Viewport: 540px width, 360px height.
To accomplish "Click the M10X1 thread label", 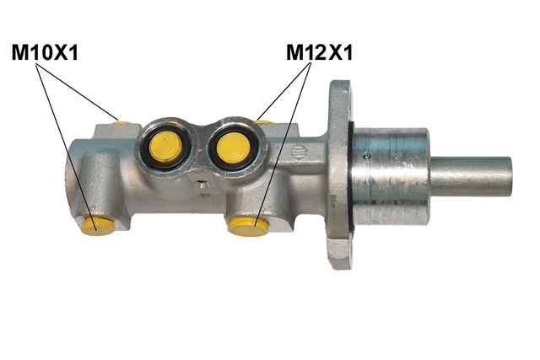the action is point(45,52).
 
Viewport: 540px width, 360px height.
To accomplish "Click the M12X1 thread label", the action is point(319,52).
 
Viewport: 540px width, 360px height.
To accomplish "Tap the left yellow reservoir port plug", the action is point(166,146).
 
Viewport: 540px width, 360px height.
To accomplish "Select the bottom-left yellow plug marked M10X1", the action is point(98,225).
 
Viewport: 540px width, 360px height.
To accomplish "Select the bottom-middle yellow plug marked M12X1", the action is point(248,227).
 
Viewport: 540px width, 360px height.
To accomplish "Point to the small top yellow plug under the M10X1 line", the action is point(123,122).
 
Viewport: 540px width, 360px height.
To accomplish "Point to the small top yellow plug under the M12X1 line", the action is point(264,121).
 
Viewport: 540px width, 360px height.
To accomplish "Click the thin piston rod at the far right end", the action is point(471,176).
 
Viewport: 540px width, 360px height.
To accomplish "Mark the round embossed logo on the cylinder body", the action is point(300,152).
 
